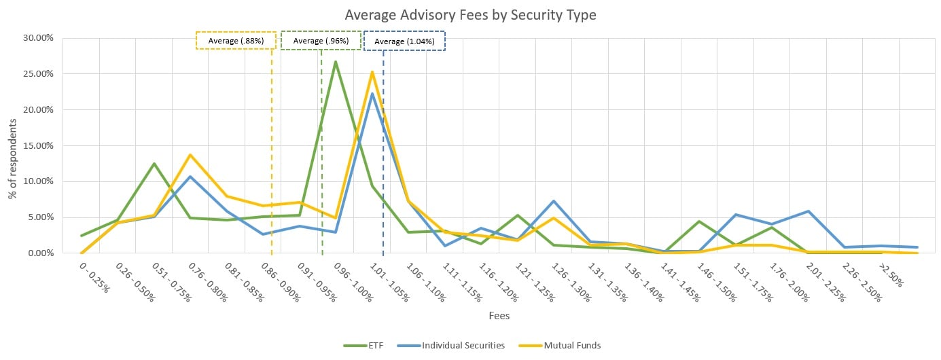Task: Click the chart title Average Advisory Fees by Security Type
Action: coord(470,15)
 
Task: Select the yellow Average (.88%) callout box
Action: coord(236,41)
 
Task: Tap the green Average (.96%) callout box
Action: coord(321,41)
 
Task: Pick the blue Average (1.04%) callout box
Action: coord(404,41)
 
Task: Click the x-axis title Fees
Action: coord(499,316)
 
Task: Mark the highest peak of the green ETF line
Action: coord(336,62)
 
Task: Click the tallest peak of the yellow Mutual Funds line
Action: coord(372,72)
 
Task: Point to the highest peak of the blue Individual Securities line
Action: coord(372,94)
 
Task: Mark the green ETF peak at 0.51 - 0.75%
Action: coord(154,164)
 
